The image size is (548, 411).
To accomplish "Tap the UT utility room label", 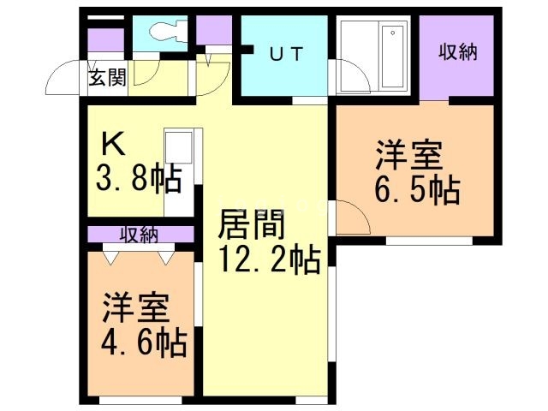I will (286, 52).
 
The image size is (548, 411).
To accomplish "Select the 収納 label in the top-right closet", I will (457, 52).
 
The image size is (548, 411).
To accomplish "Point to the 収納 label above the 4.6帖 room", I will (137, 234).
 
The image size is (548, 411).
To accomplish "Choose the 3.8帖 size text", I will (136, 178).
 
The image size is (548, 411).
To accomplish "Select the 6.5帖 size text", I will (417, 189).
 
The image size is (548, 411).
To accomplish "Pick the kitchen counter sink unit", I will (179, 171).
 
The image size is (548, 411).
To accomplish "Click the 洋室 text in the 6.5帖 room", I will (408, 158).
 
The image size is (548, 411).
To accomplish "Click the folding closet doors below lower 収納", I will (137, 253).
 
